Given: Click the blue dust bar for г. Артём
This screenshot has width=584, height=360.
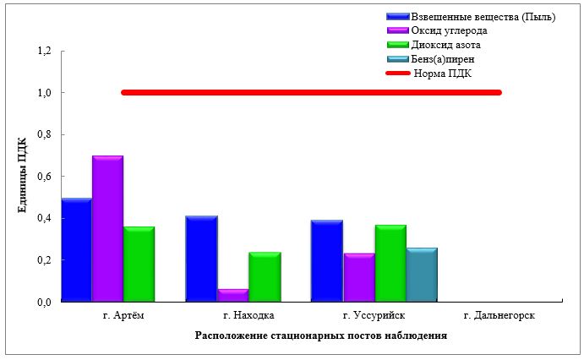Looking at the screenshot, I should click(x=77, y=250).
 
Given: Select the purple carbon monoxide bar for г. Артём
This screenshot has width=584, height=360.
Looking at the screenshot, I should click(x=108, y=229).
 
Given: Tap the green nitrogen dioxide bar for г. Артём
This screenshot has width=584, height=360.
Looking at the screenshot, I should click(x=139, y=264).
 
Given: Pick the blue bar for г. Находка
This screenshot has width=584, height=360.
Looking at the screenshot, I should click(x=201, y=259).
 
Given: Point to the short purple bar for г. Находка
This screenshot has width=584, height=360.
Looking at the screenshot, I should click(x=232, y=295).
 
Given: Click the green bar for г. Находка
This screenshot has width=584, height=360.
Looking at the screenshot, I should click(x=264, y=276).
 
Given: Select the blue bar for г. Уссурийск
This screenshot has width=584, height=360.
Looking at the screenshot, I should click(x=327, y=260).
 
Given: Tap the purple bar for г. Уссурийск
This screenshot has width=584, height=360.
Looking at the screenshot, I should click(x=358, y=277).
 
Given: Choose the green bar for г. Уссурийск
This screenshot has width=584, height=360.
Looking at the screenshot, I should click(x=390, y=263).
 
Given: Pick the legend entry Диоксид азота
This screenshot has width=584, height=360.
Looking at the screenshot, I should click(x=445, y=45).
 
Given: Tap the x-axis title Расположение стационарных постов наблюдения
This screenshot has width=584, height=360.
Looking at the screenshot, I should click(x=320, y=335).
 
